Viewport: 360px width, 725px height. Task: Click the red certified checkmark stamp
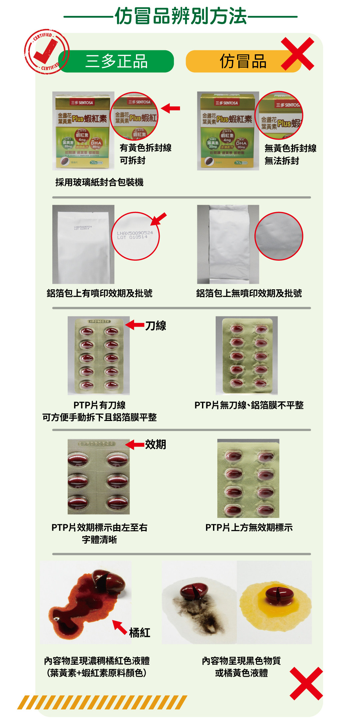point(46,52)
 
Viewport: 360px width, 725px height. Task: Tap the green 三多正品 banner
point(116,61)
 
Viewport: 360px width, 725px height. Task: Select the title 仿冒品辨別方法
point(181,16)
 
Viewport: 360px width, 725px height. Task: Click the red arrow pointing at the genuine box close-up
point(171,108)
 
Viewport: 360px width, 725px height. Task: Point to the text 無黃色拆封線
point(290,148)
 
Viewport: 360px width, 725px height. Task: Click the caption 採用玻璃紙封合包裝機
point(99,182)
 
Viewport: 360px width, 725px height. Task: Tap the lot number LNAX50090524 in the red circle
point(135,233)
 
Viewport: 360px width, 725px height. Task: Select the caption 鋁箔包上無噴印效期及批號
point(249,293)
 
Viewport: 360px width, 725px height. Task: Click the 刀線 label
point(156,326)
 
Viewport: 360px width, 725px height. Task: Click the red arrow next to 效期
point(135,444)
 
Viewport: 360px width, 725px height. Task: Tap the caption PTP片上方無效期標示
point(249,527)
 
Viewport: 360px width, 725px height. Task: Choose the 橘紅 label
point(140,632)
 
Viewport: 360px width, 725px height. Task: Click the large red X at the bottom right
point(306,683)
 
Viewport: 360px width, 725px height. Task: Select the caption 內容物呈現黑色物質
point(241,660)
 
